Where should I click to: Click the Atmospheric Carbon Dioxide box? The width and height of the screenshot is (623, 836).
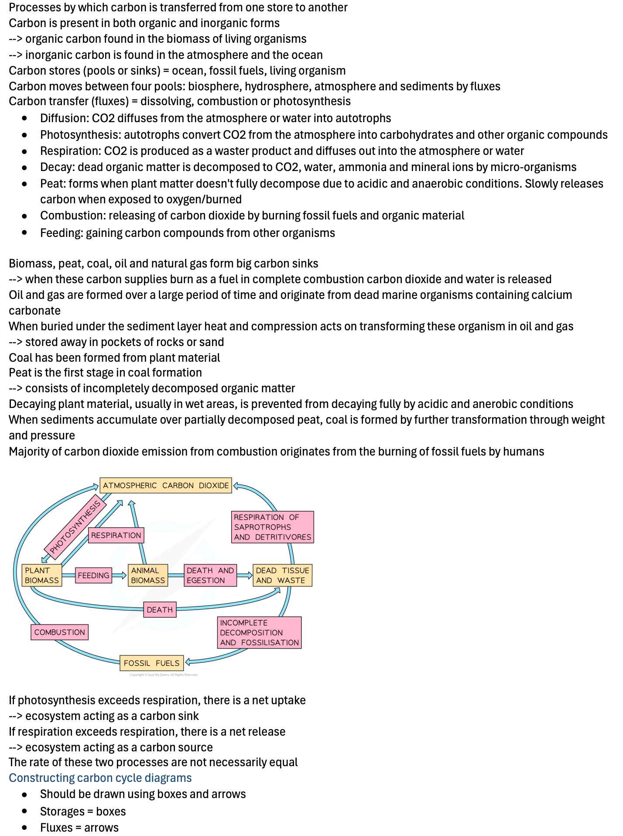tap(166, 485)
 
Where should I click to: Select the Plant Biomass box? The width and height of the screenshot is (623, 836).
tap(42, 575)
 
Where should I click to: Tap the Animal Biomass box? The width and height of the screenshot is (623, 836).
tap(148, 575)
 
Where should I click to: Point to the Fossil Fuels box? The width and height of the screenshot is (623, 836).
tap(152, 663)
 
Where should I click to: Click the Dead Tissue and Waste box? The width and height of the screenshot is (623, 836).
tap(283, 575)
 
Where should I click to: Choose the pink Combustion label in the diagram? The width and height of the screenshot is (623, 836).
tap(60, 632)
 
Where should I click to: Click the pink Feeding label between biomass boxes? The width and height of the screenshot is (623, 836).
tap(93, 576)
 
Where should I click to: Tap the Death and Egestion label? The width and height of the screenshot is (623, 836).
tap(210, 575)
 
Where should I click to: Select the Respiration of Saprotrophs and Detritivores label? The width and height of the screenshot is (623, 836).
tap(273, 527)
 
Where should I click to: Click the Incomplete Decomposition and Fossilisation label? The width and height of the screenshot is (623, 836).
tap(260, 632)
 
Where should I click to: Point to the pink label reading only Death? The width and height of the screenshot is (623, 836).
tap(160, 610)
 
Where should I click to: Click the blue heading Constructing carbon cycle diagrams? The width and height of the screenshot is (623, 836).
tap(100, 778)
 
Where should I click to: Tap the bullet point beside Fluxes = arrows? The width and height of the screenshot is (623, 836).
tap(24, 828)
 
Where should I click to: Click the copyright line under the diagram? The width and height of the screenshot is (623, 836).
tap(164, 675)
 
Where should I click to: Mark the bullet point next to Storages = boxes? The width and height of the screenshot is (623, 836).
tap(24, 811)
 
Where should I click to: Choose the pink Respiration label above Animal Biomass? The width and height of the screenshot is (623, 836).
tap(116, 535)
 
